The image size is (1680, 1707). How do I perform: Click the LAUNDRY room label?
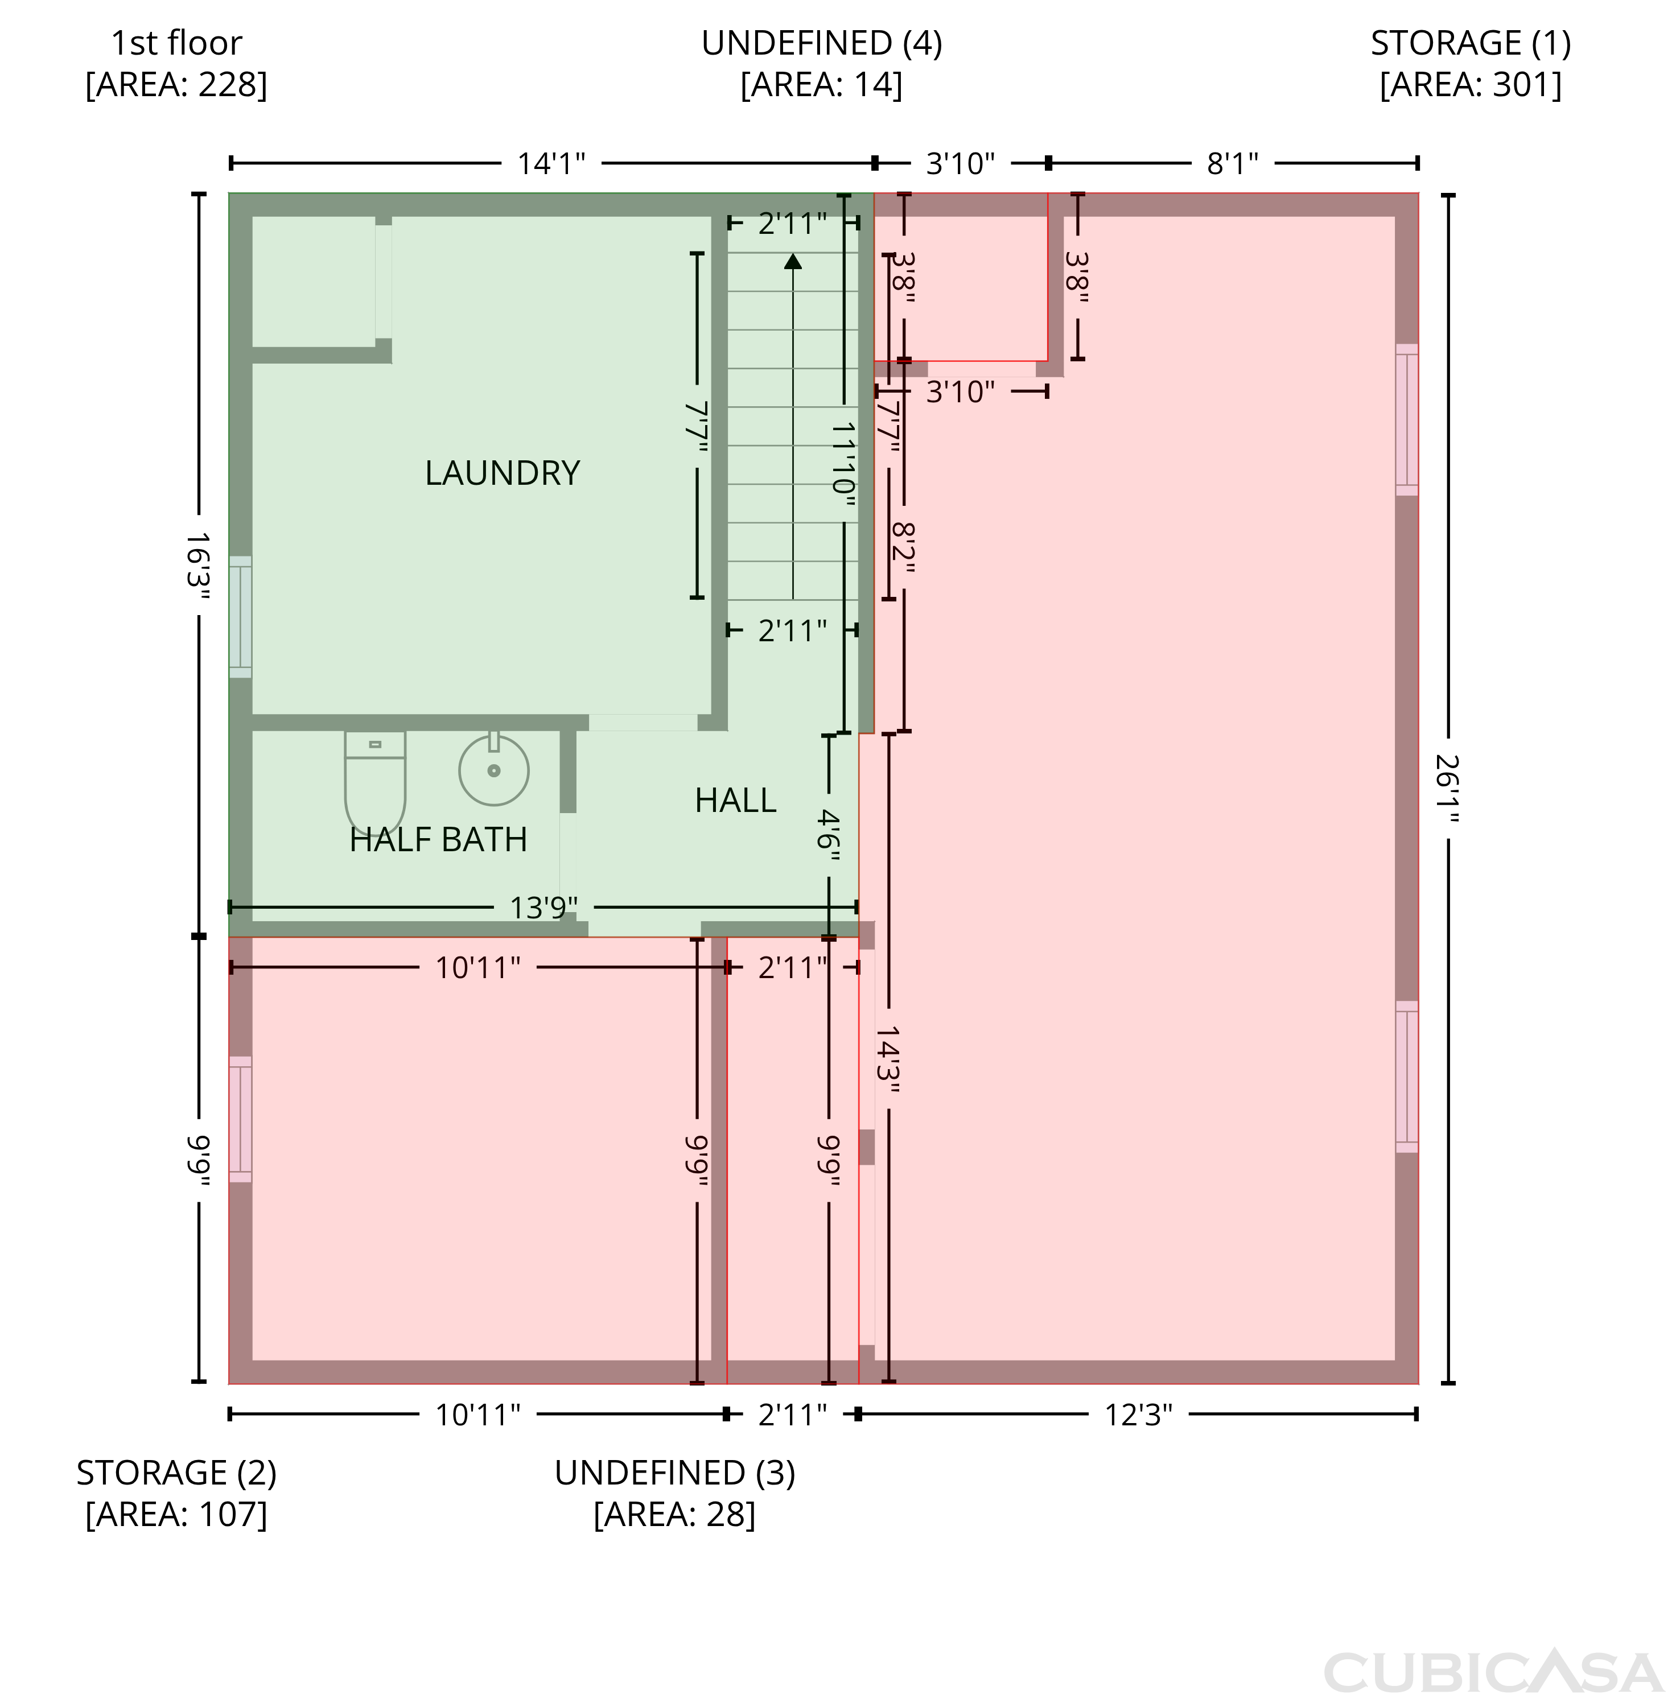[x=502, y=473]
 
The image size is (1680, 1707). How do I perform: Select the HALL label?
[x=735, y=800]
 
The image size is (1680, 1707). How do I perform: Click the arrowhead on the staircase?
[x=793, y=261]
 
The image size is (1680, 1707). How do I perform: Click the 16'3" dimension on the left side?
[x=199, y=566]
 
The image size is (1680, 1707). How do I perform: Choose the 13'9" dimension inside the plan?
[x=543, y=907]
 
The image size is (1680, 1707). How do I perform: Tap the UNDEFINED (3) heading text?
[x=675, y=1473]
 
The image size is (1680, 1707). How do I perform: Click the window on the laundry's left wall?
[x=240, y=617]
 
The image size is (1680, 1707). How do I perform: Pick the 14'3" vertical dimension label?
[x=888, y=1058]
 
